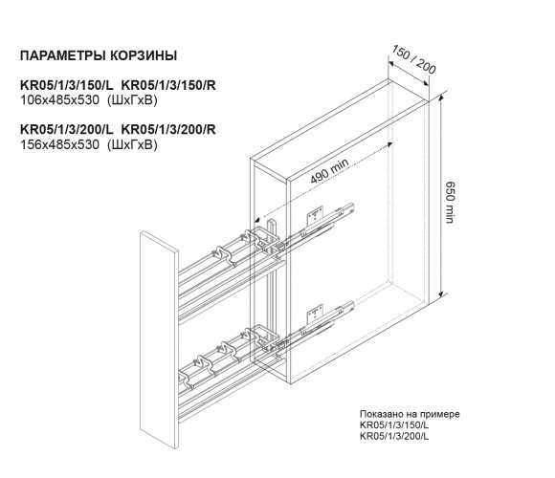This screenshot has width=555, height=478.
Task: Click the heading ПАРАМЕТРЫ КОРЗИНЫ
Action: [99, 55]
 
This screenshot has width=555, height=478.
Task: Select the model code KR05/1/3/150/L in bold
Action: [67, 85]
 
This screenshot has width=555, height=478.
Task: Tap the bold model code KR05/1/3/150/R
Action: [168, 85]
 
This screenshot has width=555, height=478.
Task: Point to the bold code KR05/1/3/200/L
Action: [67, 129]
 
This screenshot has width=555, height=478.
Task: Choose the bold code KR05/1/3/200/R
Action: [168, 129]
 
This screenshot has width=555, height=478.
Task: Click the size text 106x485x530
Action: [60, 100]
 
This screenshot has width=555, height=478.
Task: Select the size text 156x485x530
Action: [60, 144]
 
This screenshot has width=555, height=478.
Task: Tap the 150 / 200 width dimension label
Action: [413, 59]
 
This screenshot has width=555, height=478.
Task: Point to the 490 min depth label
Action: [329, 171]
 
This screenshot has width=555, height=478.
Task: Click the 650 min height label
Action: [449, 203]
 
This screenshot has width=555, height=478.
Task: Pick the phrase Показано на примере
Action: [410, 414]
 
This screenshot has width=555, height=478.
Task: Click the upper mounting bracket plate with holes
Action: [316, 215]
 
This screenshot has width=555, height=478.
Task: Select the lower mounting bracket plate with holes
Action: [316, 313]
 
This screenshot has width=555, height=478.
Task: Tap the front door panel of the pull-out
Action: [159, 339]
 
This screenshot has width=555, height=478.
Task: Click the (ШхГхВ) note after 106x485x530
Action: [132, 100]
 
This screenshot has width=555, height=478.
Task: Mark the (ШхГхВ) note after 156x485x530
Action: [132, 144]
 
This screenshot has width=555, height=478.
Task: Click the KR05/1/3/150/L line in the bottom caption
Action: [394, 425]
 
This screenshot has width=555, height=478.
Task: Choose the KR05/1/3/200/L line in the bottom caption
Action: [394, 436]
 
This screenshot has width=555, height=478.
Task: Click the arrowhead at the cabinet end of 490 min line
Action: [388, 144]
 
